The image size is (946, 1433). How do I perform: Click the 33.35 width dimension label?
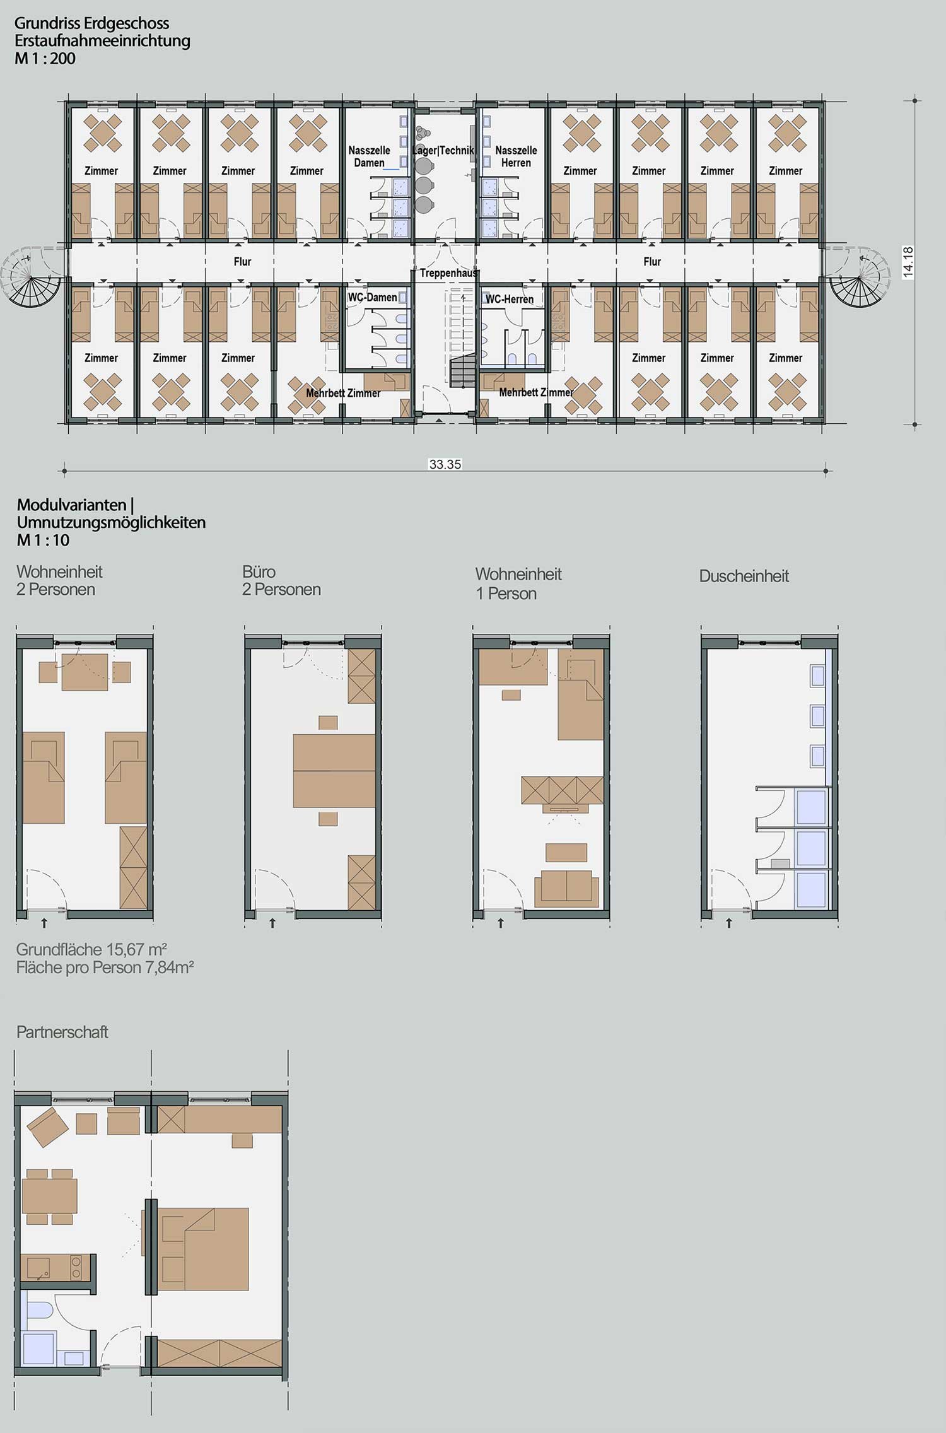click(445, 465)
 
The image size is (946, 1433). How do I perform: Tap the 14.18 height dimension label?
click(908, 261)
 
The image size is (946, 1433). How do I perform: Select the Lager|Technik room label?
click(443, 150)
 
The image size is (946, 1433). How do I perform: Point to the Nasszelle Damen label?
click(370, 156)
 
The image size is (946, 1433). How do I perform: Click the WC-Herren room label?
click(510, 300)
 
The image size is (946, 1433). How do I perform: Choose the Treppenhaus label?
click(449, 274)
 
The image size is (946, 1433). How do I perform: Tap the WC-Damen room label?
click(373, 298)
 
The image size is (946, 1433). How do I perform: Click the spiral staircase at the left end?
click(33, 277)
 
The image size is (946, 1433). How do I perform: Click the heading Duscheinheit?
click(744, 576)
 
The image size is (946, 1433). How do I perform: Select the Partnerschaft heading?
click(62, 1032)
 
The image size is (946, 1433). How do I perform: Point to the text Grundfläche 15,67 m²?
click(91, 949)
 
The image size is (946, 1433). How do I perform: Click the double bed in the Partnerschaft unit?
click(202, 1249)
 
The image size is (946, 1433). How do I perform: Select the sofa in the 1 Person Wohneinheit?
click(566, 889)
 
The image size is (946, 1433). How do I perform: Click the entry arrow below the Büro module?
click(272, 923)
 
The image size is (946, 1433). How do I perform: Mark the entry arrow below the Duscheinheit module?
click(729, 923)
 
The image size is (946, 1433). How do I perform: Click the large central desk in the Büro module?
click(334, 771)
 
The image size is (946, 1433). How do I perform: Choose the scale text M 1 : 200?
click(45, 59)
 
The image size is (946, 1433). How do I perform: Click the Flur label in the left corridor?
click(243, 262)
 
